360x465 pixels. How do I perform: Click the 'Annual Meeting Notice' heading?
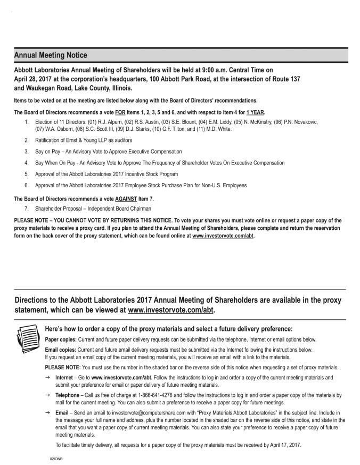pyautogui.click(x=51, y=55)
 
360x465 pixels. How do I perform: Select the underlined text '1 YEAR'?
pyautogui.click(x=253, y=112)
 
